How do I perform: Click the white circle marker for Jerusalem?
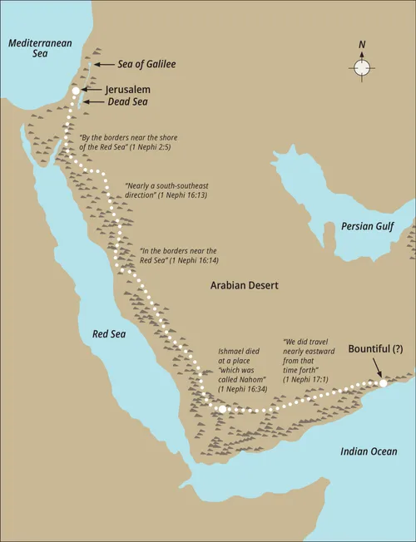pos(76,90)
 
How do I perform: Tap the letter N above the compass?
pos(361,46)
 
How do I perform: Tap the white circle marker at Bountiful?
pos(383,383)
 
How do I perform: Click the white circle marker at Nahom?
pos(222,409)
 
